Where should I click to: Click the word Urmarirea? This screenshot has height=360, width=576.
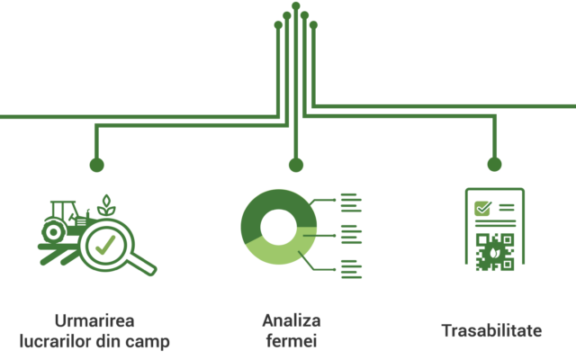(x=94, y=321)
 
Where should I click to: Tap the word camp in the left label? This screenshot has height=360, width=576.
(x=148, y=342)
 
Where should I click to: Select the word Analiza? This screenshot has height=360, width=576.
(x=292, y=320)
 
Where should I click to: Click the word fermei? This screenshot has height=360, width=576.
(x=292, y=340)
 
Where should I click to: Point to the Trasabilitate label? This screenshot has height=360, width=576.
(x=491, y=330)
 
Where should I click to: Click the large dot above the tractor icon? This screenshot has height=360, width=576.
(x=96, y=165)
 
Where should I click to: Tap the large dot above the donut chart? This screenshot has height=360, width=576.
(x=296, y=165)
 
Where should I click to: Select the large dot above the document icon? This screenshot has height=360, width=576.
(x=494, y=164)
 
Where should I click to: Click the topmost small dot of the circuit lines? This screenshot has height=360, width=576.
(x=296, y=5)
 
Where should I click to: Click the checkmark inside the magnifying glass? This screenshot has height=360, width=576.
(x=105, y=245)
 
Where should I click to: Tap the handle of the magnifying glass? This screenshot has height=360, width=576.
(x=142, y=265)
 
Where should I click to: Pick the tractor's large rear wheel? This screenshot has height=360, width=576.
(x=54, y=232)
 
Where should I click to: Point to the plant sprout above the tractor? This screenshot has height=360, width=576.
(x=106, y=205)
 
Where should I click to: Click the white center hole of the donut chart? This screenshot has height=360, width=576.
(x=278, y=227)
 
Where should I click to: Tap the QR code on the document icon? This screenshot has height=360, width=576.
(x=495, y=252)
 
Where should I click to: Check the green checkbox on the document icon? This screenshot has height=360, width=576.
(x=482, y=208)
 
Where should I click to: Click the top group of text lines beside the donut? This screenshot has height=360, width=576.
(x=351, y=202)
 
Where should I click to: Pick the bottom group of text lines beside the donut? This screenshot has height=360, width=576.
(x=351, y=269)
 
